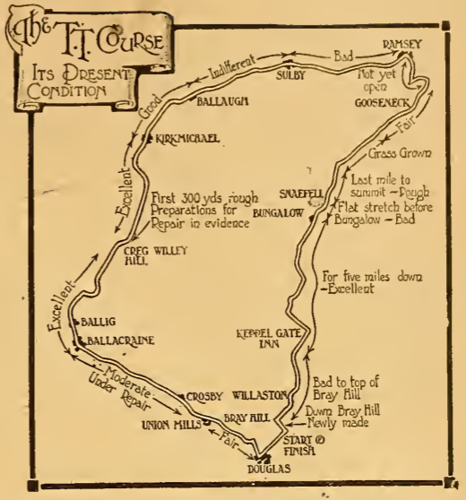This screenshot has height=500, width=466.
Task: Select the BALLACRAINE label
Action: [x=123, y=341]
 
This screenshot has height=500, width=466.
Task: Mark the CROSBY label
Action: [x=203, y=395]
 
